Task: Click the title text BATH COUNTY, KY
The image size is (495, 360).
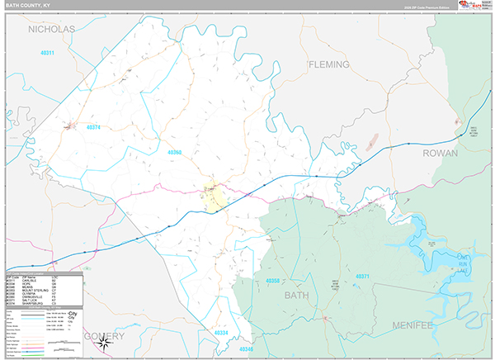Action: tap(31, 7)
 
